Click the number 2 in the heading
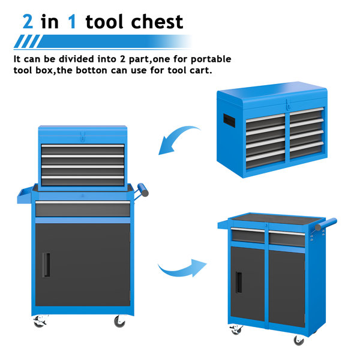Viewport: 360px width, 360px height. pyautogui.click(x=28, y=22)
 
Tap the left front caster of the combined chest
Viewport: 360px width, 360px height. pyautogui.click(x=40, y=322)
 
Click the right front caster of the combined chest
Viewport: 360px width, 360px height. pyautogui.click(x=120, y=322)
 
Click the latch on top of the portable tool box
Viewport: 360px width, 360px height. pyautogui.click(x=289, y=103)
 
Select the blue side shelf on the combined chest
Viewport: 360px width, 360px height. pyautogui.click(x=24, y=196)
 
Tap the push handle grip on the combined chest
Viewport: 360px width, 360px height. pyautogui.click(x=143, y=191)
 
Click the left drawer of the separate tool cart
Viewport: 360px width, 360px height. pyautogui.click(x=247, y=236)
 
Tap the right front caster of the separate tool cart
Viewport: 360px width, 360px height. pyautogui.click(x=298, y=340)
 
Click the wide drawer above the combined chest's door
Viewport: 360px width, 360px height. pyautogui.click(x=82, y=209)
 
